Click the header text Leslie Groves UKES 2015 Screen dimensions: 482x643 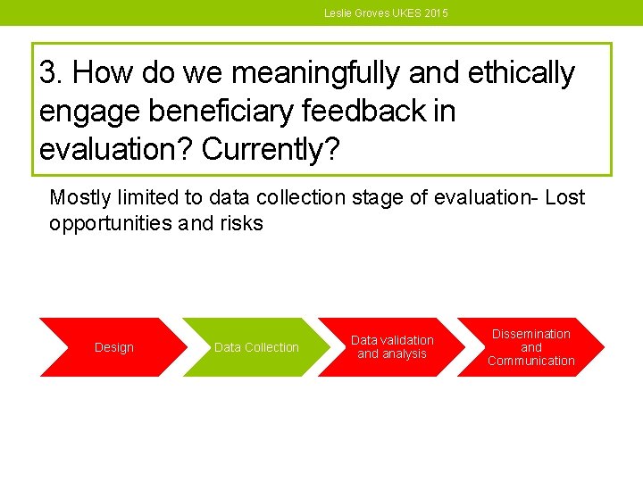(x=386, y=13)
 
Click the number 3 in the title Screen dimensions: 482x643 (x=49, y=73)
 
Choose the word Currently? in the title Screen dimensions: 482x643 (x=271, y=150)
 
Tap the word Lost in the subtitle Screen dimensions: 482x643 (x=564, y=197)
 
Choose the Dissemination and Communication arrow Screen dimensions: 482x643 (x=530, y=347)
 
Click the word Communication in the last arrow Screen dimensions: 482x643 (x=530, y=361)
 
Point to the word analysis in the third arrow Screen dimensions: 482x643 (x=405, y=354)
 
